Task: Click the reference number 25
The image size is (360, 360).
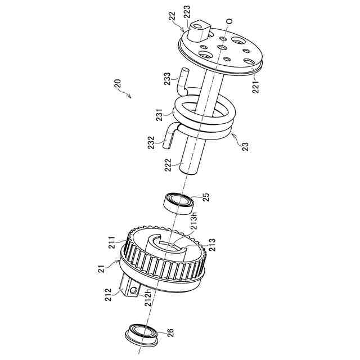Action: tap(206, 199)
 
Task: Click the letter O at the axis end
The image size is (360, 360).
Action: tap(229, 21)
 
